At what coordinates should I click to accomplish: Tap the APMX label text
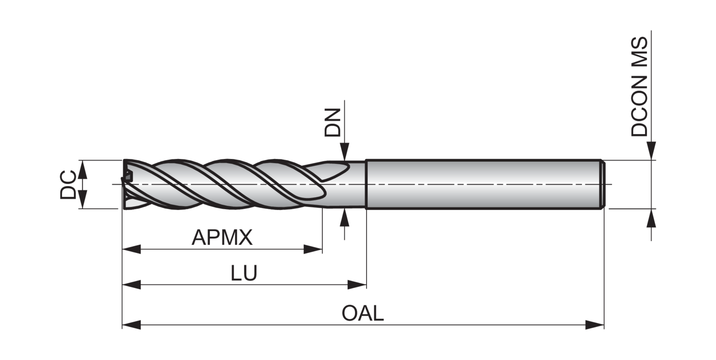[222, 237]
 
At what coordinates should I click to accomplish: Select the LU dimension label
[244, 273]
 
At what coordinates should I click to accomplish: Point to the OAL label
[363, 313]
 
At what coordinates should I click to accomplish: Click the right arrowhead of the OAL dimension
[595, 325]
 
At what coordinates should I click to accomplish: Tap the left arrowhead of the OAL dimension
[131, 325]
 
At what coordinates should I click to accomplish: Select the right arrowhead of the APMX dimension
[313, 249]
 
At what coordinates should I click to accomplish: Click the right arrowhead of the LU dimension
[357, 285]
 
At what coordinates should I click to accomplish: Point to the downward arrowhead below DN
[345, 151]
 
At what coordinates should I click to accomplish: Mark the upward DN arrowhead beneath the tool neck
[345, 217]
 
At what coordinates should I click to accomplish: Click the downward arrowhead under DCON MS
[652, 151]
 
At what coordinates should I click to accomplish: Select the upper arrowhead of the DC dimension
[82, 169]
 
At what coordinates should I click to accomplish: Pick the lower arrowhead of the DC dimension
[82, 199]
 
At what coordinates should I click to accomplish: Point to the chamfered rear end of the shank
[603, 184]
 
